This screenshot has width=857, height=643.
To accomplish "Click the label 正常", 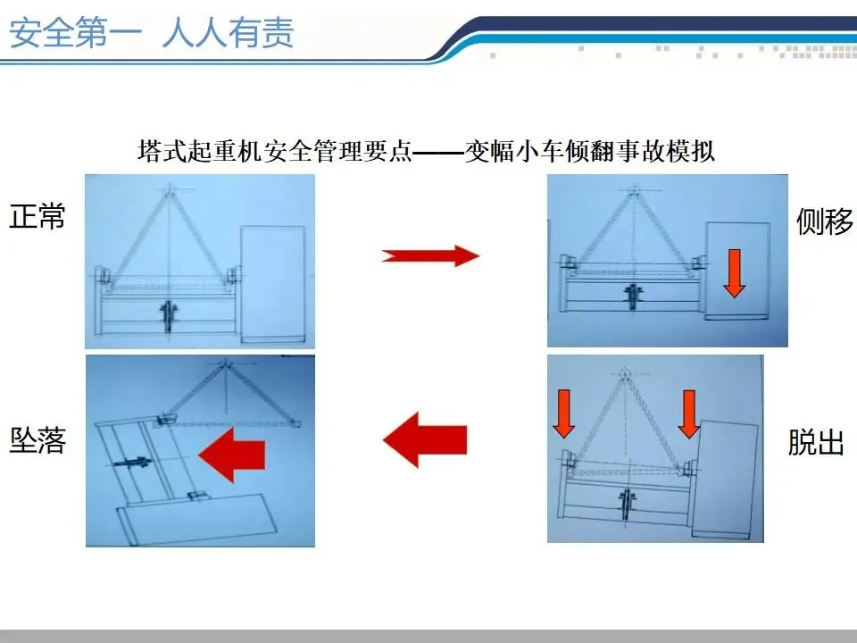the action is click(37, 216).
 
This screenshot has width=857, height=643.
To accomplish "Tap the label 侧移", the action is click(824, 221).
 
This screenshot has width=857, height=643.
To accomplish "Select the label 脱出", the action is click(816, 442).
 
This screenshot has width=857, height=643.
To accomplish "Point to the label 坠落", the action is click(37, 440).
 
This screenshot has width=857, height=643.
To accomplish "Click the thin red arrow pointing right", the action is click(430, 255).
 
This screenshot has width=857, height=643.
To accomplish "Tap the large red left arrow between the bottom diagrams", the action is click(425, 439).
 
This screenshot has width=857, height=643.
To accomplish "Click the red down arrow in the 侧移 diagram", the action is click(734, 273).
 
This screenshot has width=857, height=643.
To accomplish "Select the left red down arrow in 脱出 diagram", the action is click(563, 413).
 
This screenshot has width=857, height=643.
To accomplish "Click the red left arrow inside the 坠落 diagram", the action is click(232, 455).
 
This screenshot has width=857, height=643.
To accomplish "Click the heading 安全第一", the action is click(76, 33).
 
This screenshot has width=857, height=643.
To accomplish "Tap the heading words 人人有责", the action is click(228, 33).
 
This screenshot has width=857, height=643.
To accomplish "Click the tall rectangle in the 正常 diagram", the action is click(273, 284).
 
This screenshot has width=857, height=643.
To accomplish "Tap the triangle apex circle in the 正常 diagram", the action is click(170, 190).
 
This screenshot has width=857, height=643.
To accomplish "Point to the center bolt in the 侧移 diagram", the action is click(633, 296).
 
